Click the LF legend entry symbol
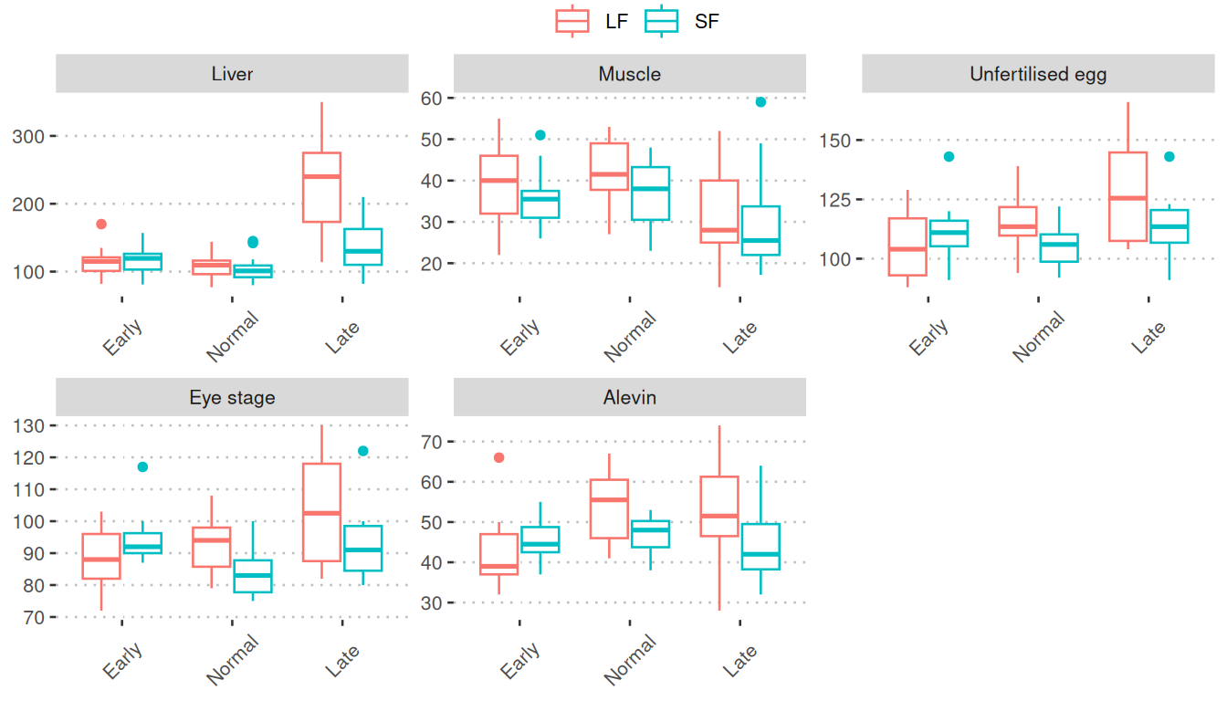coord(572,20)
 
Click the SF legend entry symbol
coord(661,20)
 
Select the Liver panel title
coord(232,74)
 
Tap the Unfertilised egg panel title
coord(1038,74)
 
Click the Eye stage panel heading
coord(232,397)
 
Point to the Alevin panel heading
coord(629,397)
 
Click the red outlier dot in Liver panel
coord(101,224)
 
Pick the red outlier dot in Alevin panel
coord(498,457)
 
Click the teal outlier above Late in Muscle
coord(760,101)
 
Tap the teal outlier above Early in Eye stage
coord(142,466)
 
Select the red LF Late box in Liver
coord(321,187)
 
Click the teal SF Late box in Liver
coord(362,246)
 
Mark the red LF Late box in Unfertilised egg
coord(1127,196)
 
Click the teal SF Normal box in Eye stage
coord(253,576)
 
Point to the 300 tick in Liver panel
coord(35,136)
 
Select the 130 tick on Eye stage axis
coord(35,425)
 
